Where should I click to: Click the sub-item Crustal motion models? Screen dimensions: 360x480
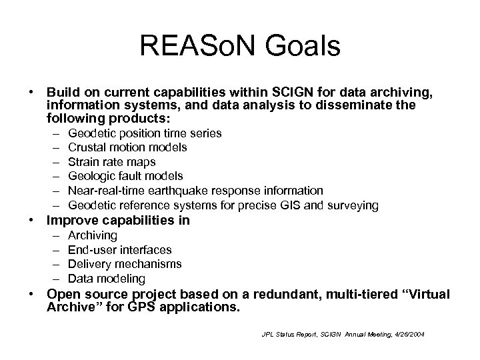(x=127, y=147)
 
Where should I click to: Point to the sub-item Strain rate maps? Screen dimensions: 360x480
(x=111, y=162)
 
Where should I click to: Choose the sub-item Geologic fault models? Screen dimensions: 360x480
(x=125, y=176)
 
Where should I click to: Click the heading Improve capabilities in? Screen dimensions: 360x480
(x=117, y=221)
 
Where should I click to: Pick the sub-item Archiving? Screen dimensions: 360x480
(x=93, y=235)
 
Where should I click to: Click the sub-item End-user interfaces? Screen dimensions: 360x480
(x=120, y=250)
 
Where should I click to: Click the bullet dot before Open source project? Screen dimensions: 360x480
(x=31, y=295)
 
